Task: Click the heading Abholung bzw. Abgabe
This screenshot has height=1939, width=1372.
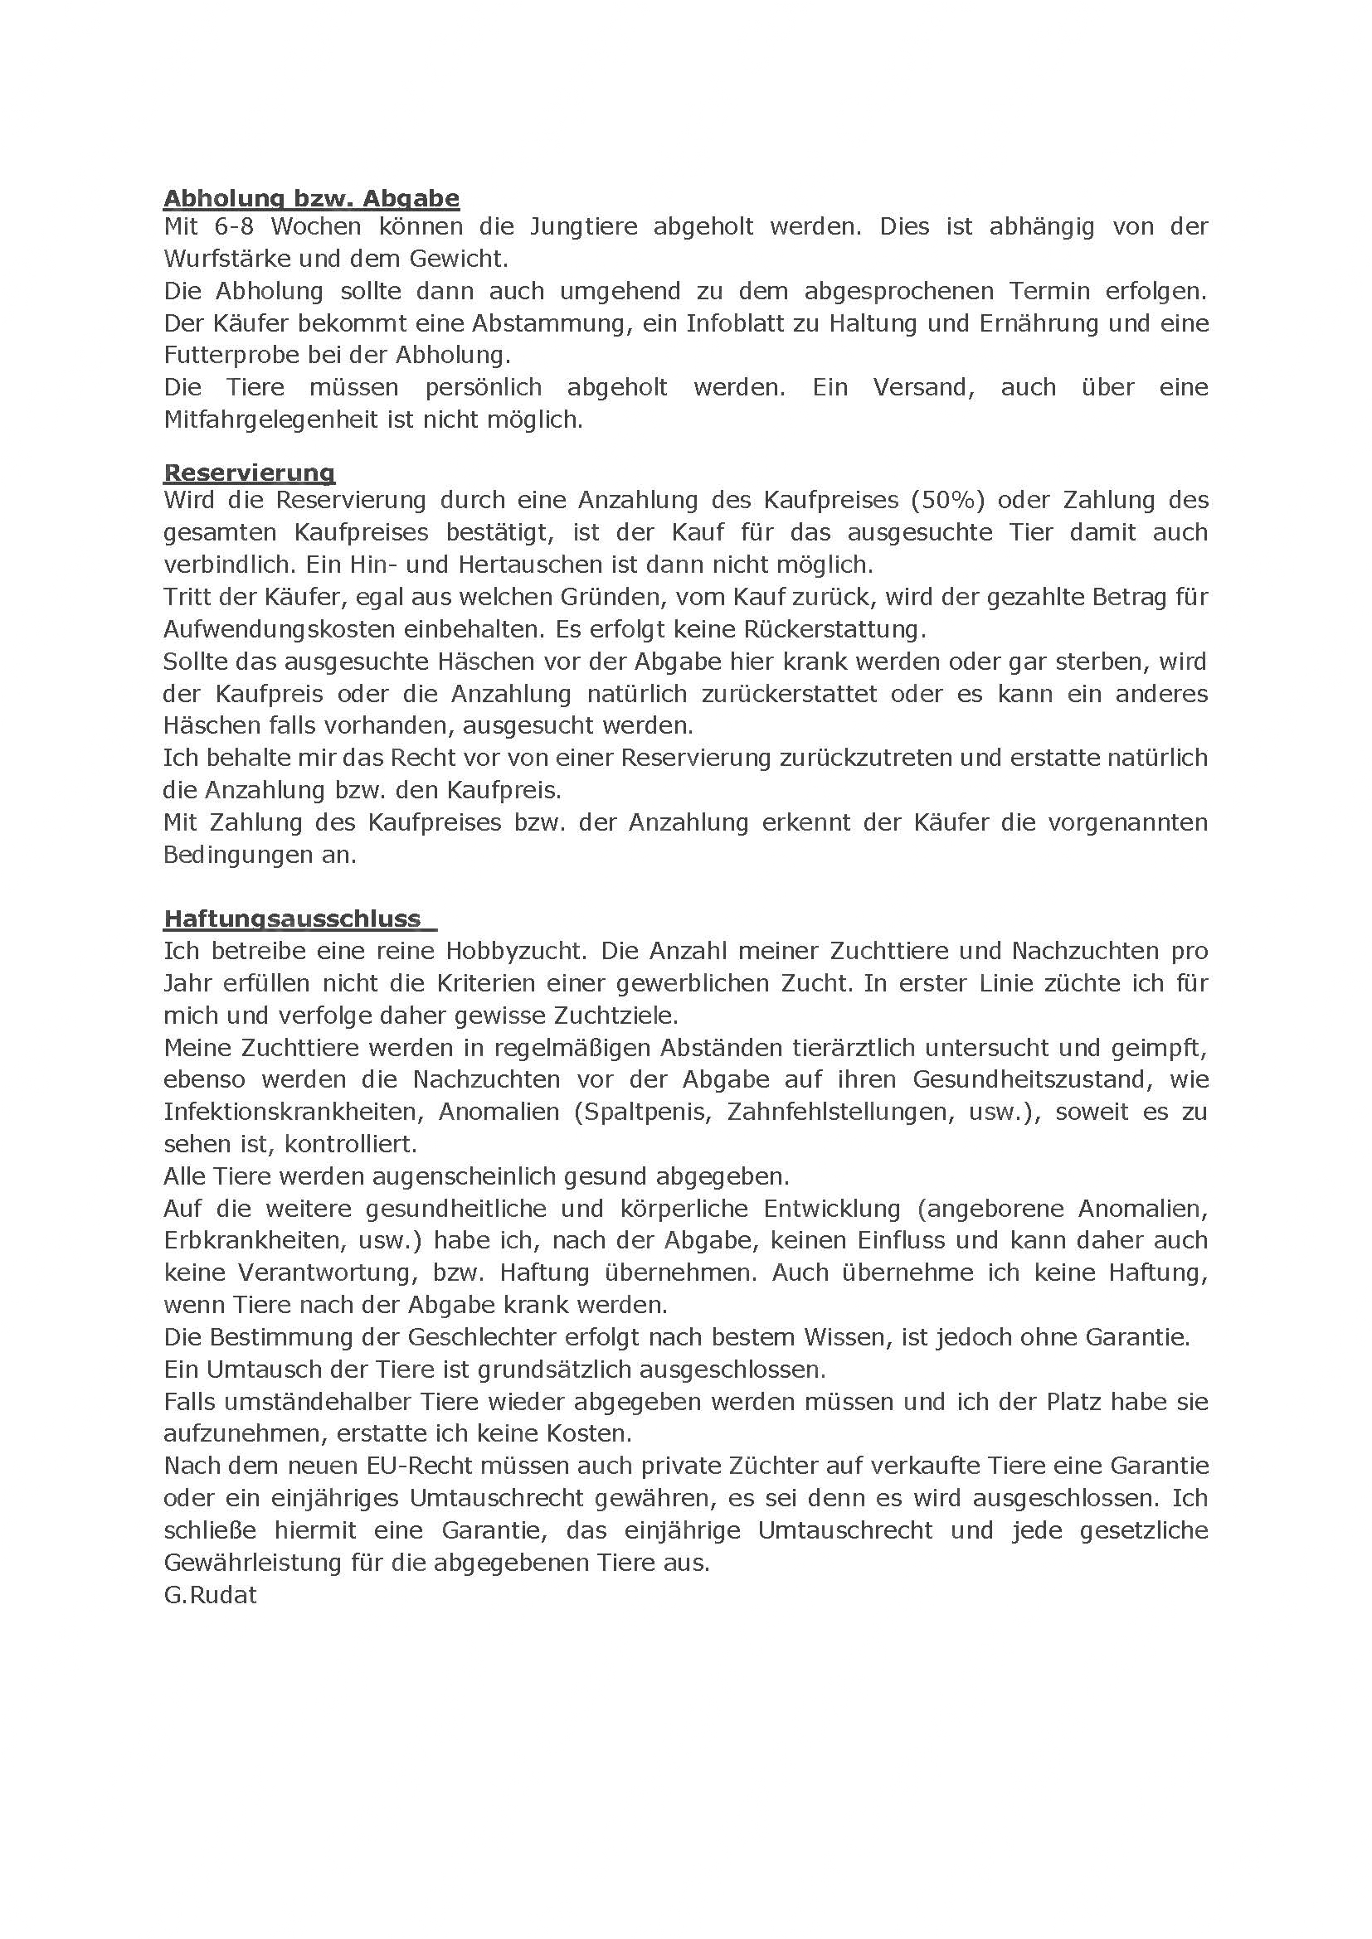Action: click(x=311, y=198)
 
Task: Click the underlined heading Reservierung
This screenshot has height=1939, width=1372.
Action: click(x=249, y=473)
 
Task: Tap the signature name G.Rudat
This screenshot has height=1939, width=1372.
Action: click(x=211, y=1595)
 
